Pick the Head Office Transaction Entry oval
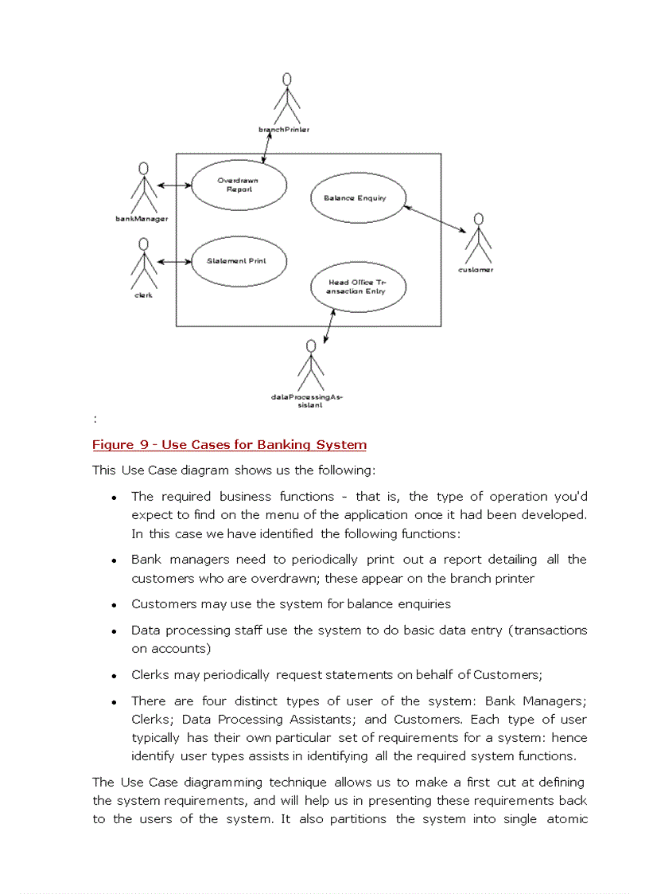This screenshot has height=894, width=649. (357, 287)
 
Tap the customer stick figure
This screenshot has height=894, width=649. (478, 238)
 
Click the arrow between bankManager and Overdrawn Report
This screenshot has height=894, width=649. (175, 185)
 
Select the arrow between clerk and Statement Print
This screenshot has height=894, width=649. (175, 261)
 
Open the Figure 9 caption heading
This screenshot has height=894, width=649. (229, 445)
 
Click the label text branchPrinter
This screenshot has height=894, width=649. (284, 129)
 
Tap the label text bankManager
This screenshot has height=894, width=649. (142, 219)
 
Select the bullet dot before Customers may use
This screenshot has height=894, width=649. (115, 605)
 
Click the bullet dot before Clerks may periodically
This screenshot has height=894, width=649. (115, 676)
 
